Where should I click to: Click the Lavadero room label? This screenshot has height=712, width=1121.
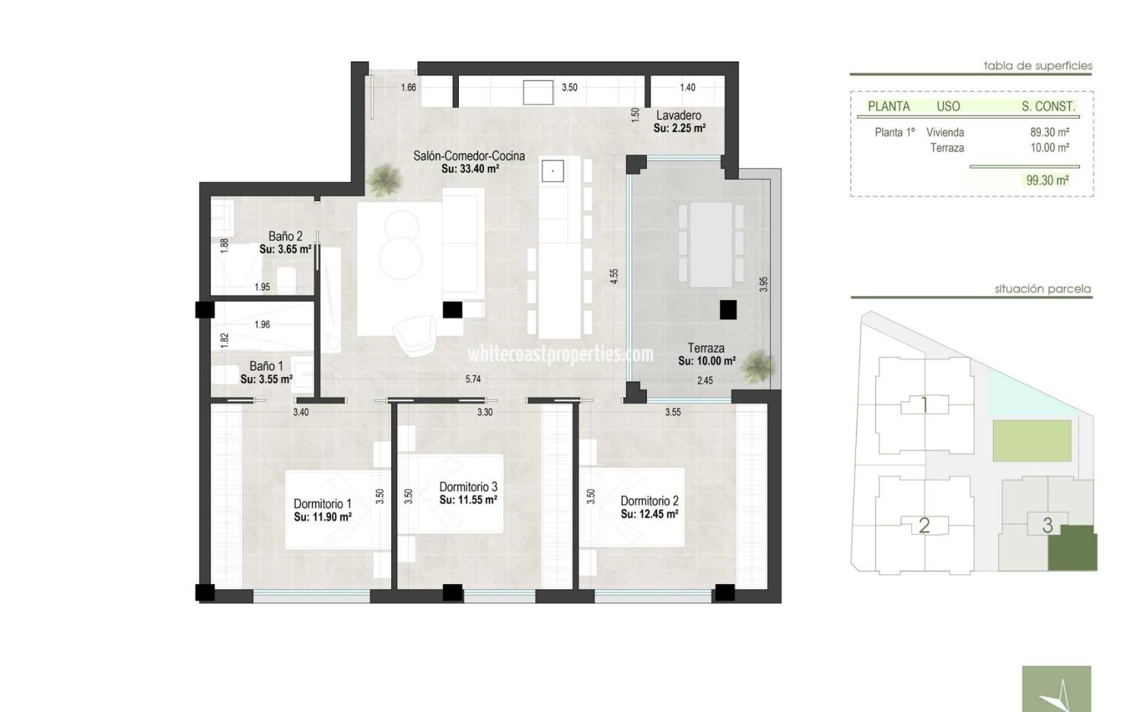pos(679,115)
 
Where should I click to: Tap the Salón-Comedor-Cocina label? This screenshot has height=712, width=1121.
pos(469,156)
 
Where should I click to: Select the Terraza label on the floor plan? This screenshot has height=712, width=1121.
pos(706,347)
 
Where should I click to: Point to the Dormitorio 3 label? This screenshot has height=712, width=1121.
pos(468,487)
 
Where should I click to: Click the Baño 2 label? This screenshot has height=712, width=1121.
pos(286,236)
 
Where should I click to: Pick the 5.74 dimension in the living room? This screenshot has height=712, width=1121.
pos(473,379)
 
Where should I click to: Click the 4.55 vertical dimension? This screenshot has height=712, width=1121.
pos(614,276)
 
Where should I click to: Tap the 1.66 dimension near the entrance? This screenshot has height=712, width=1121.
pos(408,88)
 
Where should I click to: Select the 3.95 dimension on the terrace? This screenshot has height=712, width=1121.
pos(763,284)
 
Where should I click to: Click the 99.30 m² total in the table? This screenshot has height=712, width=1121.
pos(1047,180)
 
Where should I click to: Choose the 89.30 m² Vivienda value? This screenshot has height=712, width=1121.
pos(1049,132)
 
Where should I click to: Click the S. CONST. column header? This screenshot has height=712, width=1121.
pos(1048,106)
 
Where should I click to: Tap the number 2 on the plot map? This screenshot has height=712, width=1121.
pos(924,525)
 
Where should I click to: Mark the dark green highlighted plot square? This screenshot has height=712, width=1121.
pos(1073,549)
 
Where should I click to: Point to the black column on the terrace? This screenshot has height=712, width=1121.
pos(728,309)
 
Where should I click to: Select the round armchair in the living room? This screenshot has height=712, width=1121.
pos(415,335)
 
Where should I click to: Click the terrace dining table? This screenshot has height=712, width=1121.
pos(711,245)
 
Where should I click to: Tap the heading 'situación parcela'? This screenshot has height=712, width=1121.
pos(1043,289)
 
